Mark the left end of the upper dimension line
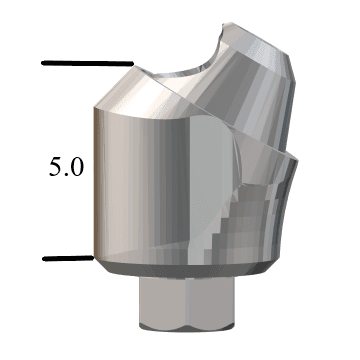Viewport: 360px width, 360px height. point(43,63)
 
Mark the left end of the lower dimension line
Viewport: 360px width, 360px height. point(45,258)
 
